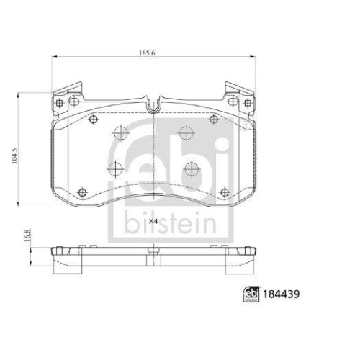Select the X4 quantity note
[153, 221]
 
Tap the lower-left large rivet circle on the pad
[114, 168]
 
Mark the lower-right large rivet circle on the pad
[192, 168]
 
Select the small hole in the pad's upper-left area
[94, 120]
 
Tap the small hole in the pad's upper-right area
[213, 120]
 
